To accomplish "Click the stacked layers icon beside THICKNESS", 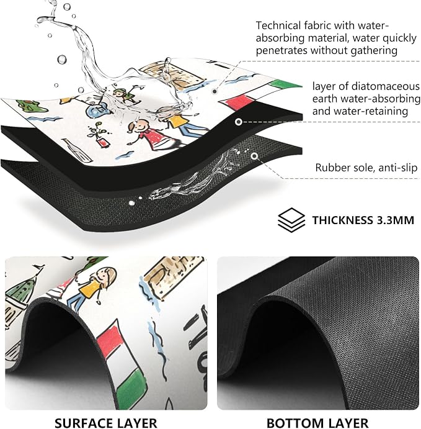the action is tap(291, 220).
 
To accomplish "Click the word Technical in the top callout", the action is tap(278, 25).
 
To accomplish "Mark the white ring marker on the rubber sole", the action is tap(254, 156).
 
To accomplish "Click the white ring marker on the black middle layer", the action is tap(239, 122).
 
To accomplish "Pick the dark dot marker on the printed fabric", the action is tap(215, 91).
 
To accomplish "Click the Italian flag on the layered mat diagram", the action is tap(260, 94).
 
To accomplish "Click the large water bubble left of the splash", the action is tap(62, 60).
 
